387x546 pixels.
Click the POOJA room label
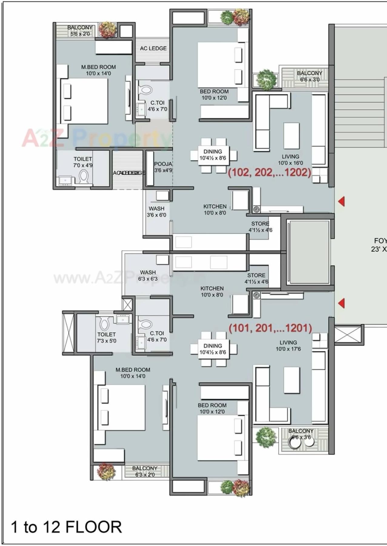pyautogui.click(x=163, y=167)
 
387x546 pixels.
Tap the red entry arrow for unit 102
pyautogui.click(x=342, y=201)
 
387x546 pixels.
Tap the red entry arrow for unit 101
pyautogui.click(x=342, y=303)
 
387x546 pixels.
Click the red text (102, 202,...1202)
pyautogui.click(x=269, y=172)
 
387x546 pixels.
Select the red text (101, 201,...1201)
pyautogui.click(x=270, y=328)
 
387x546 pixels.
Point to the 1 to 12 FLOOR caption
pyautogui.click(x=66, y=527)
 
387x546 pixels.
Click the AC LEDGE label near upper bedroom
pyautogui.click(x=153, y=48)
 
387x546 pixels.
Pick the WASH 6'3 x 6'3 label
pyautogui.click(x=148, y=276)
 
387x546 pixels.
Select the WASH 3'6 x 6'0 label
pyautogui.click(x=156, y=212)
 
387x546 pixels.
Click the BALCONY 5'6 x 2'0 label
pyautogui.click(x=80, y=31)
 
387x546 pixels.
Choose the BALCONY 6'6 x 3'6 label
pyautogui.click(x=301, y=434)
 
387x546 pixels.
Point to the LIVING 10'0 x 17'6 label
pyautogui.click(x=288, y=346)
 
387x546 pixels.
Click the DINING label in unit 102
pyautogui.click(x=213, y=154)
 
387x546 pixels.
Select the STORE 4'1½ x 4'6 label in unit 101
pyautogui.click(x=256, y=278)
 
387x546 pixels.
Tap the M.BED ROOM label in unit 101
pyautogui.click(x=133, y=373)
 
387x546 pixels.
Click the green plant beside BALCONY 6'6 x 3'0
pyautogui.click(x=266, y=79)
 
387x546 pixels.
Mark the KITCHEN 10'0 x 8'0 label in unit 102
pyautogui.click(x=215, y=210)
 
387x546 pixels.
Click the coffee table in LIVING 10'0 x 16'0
pyautogui.click(x=291, y=136)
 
